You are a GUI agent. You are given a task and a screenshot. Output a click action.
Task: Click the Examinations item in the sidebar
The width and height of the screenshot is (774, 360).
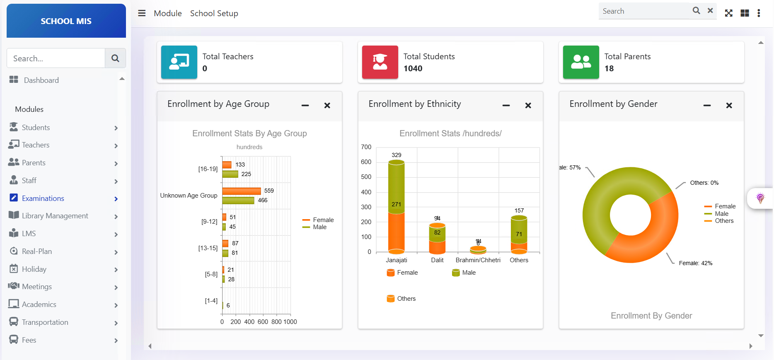tap(43, 198)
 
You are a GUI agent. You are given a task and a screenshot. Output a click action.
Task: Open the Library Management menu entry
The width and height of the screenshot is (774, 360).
tap(55, 216)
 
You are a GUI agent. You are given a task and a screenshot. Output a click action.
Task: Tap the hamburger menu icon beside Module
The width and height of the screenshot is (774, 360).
tap(142, 13)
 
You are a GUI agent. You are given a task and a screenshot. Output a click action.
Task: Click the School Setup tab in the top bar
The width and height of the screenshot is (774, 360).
tap(214, 13)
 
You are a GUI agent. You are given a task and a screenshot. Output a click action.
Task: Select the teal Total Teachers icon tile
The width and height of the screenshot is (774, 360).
tap(179, 62)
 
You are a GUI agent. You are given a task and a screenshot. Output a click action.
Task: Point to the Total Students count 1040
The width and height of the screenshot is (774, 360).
tap(413, 69)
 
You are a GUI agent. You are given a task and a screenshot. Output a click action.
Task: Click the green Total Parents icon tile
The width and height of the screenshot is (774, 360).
tap(580, 62)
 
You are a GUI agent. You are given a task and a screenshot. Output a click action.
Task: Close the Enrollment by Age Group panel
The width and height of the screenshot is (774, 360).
tap(327, 106)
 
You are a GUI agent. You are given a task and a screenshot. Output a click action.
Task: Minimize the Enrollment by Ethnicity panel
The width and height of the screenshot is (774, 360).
tap(506, 106)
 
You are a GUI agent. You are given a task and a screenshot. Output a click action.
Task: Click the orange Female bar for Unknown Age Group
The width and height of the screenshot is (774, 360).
tap(242, 191)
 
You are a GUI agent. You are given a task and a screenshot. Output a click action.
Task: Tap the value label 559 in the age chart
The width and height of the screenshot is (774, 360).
tap(269, 191)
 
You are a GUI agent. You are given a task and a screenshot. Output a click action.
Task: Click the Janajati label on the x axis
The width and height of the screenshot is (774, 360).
tap(397, 260)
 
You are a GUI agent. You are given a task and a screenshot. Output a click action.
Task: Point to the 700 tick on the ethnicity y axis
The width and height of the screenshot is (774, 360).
tap(366, 147)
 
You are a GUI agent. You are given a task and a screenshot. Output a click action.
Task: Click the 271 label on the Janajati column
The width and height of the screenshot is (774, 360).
tap(396, 204)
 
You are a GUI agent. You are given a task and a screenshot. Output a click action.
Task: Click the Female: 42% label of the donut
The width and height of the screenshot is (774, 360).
tap(695, 263)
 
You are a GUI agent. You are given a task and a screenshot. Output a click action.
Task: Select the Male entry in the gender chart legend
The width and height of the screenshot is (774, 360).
tap(721, 214)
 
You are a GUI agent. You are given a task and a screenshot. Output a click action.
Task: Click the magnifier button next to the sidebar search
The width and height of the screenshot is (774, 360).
tap(115, 58)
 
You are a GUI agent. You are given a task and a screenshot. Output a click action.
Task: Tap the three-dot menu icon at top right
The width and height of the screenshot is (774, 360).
tap(759, 13)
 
